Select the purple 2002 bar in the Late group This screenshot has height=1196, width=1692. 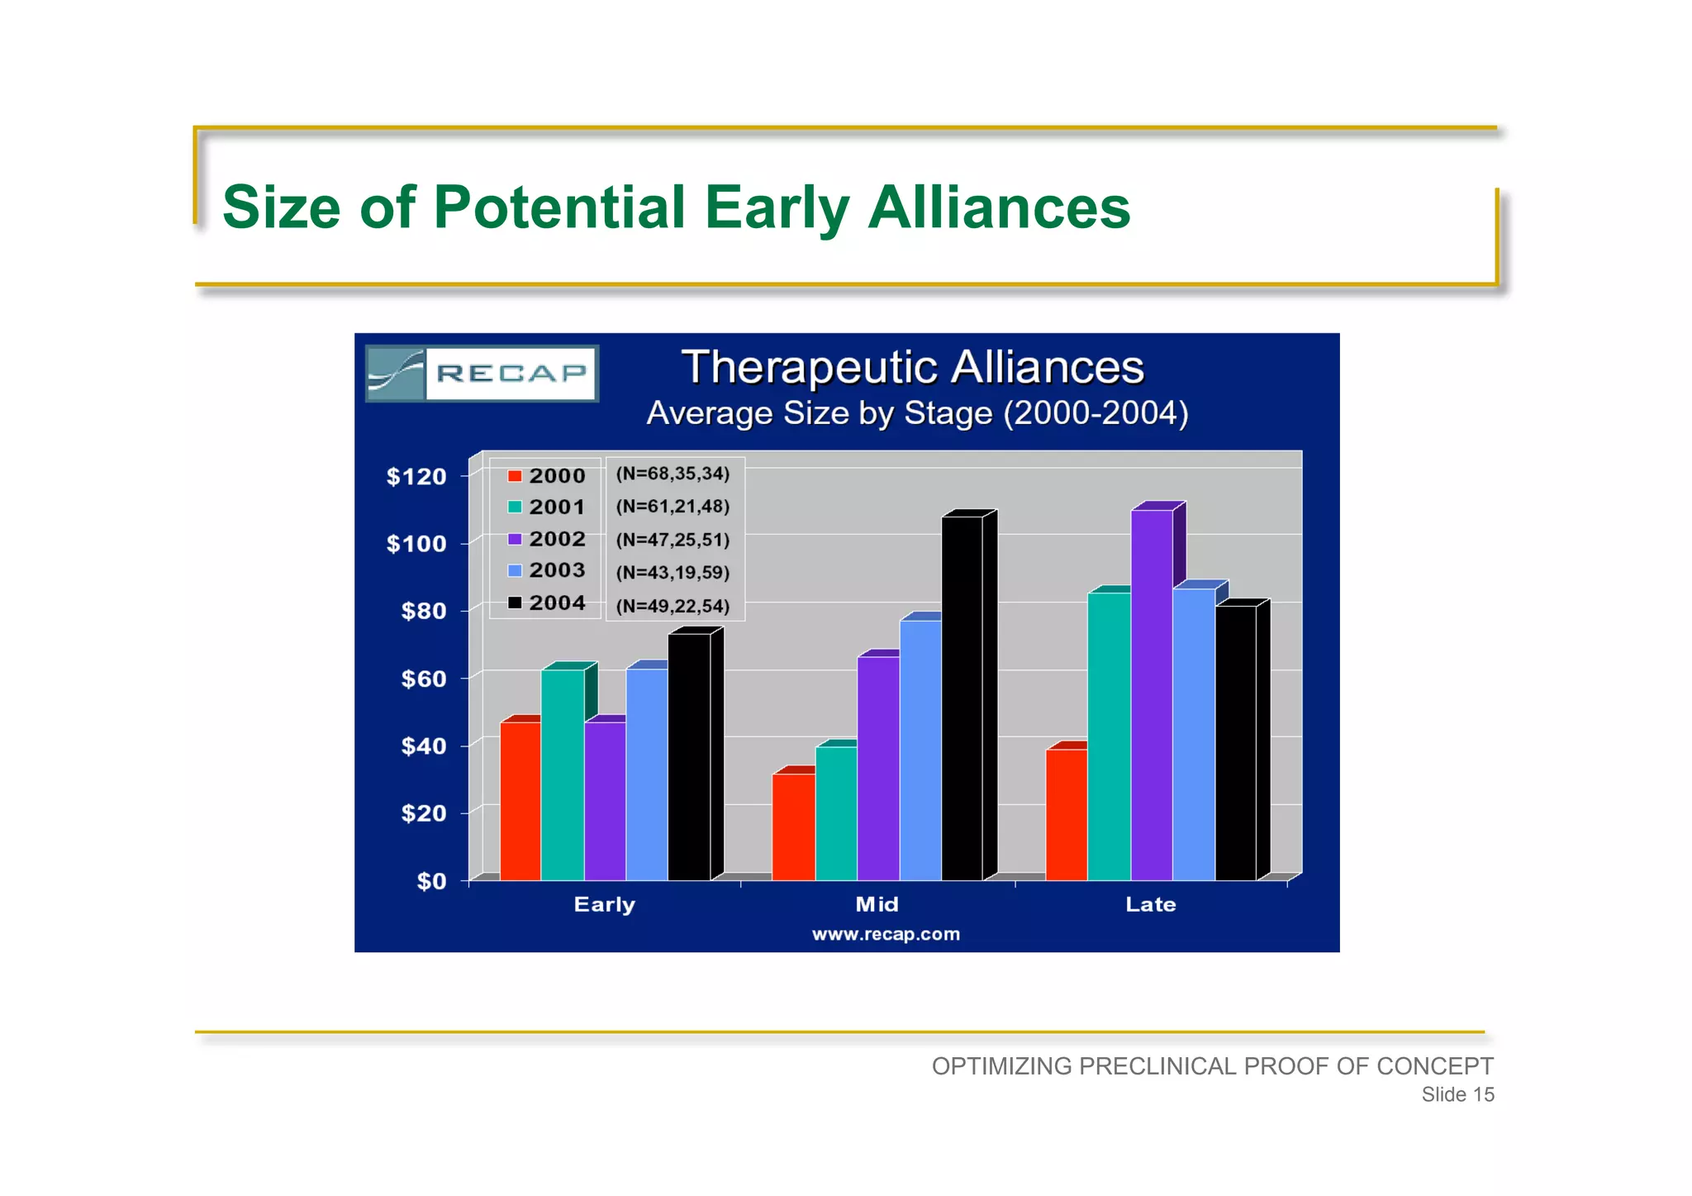click(x=1152, y=694)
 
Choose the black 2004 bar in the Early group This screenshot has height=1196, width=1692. click(x=689, y=756)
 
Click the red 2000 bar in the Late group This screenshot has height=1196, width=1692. click(x=1066, y=814)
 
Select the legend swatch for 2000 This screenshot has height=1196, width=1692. click(x=515, y=476)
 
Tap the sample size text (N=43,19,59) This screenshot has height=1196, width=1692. click(x=673, y=572)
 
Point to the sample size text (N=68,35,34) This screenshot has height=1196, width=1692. click(x=673, y=474)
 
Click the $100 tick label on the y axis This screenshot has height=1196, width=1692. click(x=416, y=544)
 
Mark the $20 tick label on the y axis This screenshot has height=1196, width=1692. click(x=423, y=813)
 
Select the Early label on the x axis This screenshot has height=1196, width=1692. click(x=604, y=904)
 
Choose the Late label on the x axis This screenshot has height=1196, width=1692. click(x=1150, y=904)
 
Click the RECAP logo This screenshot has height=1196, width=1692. click(x=482, y=374)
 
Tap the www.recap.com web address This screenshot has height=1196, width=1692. click(x=886, y=934)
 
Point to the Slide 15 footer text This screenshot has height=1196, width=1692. click(x=1457, y=1094)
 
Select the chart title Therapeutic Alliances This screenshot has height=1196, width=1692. click(x=912, y=367)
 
